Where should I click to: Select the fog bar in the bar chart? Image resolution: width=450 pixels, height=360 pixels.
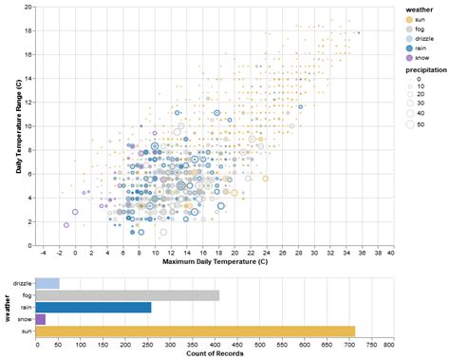(127, 295)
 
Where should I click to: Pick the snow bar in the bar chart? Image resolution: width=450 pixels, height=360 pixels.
(41, 319)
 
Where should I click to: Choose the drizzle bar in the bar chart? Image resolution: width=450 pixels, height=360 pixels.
(47, 283)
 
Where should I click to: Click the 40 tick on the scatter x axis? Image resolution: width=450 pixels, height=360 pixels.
(391, 252)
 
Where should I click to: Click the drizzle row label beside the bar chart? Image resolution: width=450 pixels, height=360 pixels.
(22, 283)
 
